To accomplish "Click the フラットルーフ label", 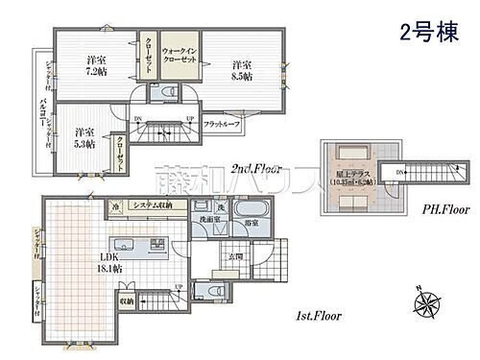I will [222, 124].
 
